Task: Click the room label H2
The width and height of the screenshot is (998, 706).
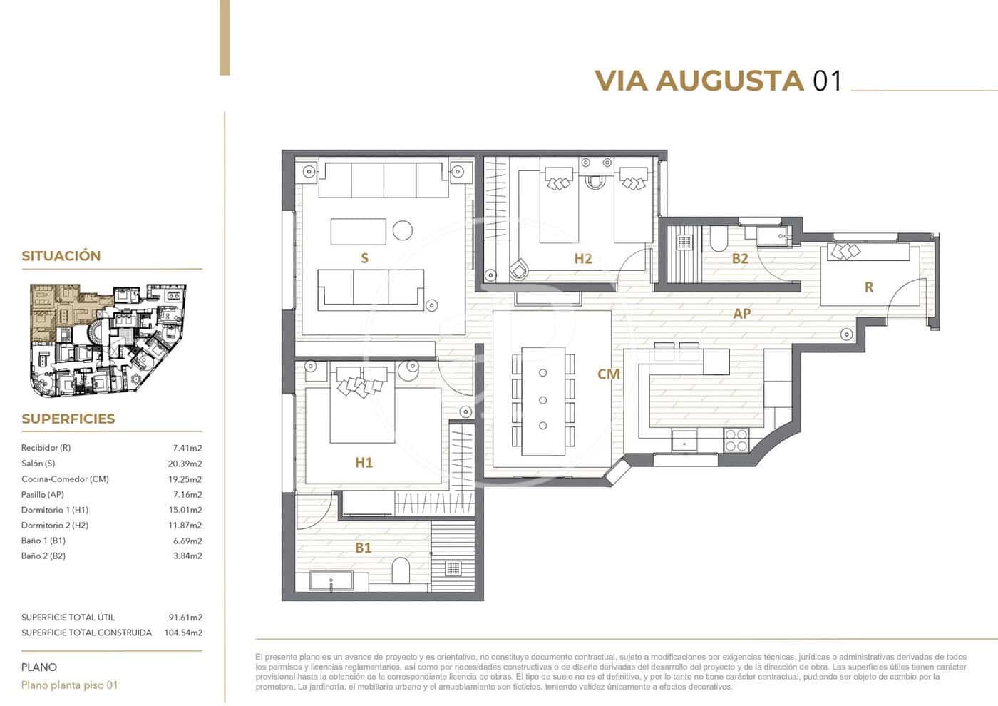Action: [582, 259]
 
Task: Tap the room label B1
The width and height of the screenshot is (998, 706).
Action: [364, 548]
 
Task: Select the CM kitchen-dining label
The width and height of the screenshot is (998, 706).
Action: [608, 374]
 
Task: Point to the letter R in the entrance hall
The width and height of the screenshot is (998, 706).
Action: [868, 287]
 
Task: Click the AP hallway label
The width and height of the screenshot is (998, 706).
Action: [741, 313]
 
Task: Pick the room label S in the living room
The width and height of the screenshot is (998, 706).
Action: [364, 258]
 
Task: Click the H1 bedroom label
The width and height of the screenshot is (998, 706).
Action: [364, 462]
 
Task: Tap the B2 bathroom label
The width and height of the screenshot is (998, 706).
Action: [740, 259]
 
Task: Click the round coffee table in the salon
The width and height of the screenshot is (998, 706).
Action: [403, 230]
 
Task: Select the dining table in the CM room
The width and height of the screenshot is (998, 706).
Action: [543, 400]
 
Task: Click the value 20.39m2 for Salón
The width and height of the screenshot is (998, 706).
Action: [187, 464]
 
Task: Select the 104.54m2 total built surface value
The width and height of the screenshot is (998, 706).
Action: [183, 633]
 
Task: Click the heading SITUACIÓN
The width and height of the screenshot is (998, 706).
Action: [61, 256]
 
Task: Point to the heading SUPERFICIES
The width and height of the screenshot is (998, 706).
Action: [68, 419]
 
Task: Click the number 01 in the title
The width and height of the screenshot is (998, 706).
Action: [827, 81]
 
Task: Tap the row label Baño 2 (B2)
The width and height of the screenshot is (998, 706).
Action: [43, 556]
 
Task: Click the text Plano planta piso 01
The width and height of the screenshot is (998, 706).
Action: [70, 685]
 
